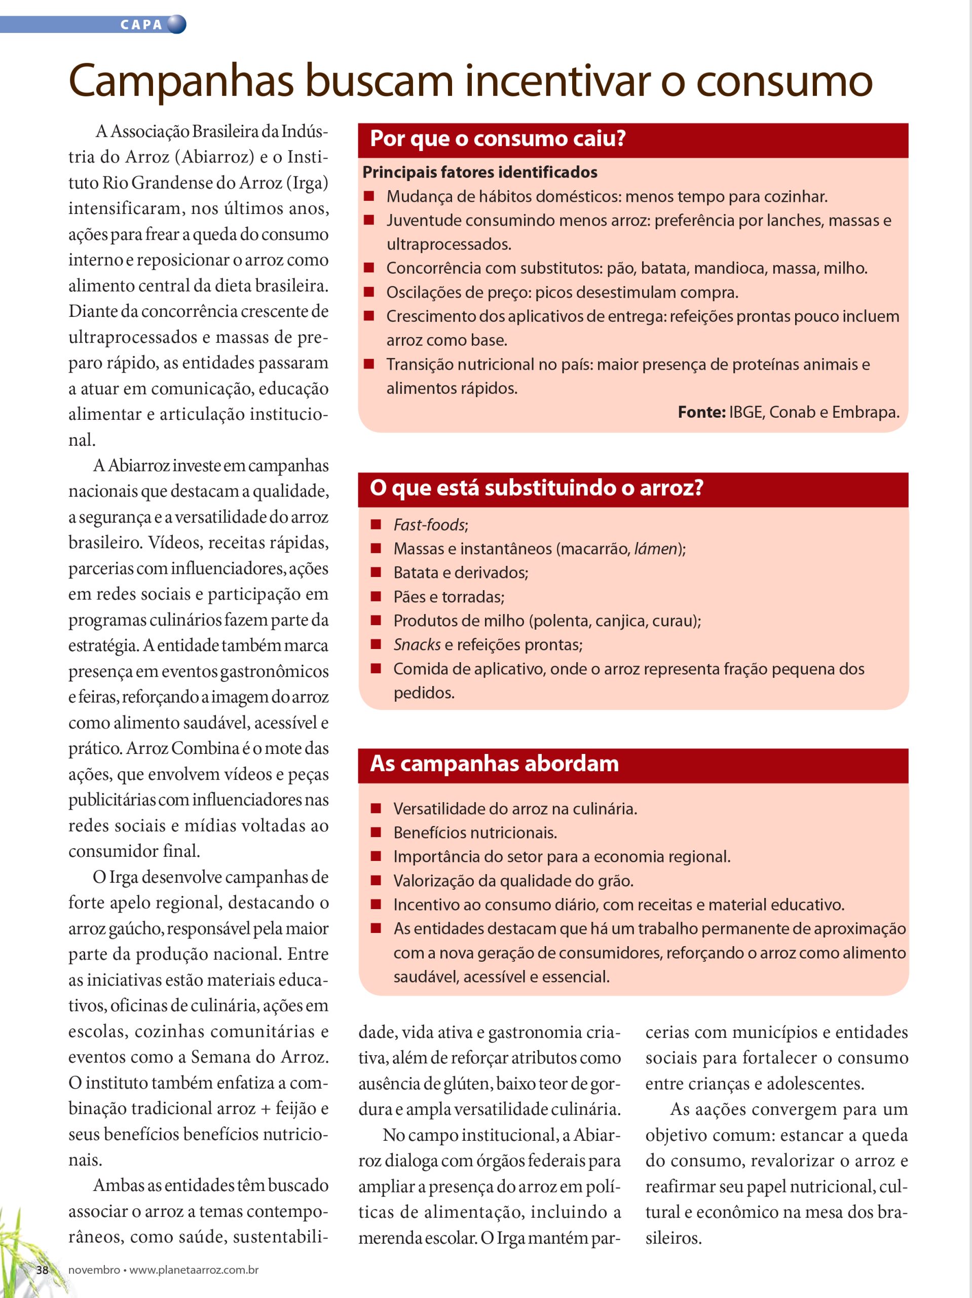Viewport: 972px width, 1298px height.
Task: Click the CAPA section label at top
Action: tap(141, 25)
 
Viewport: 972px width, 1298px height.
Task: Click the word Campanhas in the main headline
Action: tap(181, 81)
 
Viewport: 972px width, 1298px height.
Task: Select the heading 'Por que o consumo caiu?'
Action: tap(498, 139)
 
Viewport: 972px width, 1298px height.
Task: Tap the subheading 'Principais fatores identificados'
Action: tap(479, 172)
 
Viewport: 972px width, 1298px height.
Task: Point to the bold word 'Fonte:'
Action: tap(701, 412)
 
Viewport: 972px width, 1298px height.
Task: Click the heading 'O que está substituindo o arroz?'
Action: tap(536, 488)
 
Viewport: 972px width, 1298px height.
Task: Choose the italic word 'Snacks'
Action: tap(417, 644)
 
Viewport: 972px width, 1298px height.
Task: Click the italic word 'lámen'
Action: tap(656, 549)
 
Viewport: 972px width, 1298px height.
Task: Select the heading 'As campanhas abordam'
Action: tap(494, 764)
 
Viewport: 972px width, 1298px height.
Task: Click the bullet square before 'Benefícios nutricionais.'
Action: tap(376, 832)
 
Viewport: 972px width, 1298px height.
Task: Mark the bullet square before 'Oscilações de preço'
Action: tap(369, 292)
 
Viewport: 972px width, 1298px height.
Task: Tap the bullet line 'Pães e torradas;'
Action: tap(448, 597)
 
